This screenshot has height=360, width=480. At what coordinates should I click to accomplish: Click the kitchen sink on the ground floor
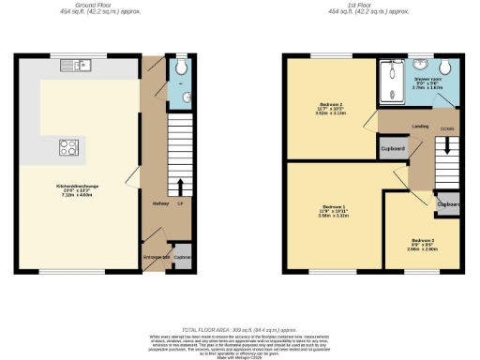click(x=73, y=65)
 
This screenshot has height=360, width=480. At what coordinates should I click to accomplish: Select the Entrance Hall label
click(x=155, y=256)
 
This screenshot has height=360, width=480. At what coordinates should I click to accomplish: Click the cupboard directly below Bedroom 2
click(x=392, y=149)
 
